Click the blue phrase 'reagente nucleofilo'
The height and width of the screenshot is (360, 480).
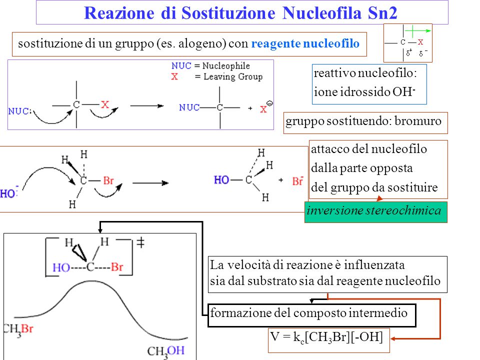pos(305,44)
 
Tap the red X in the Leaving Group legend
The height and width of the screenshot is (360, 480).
pos(174,76)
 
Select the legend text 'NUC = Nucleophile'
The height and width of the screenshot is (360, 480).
pos(210,66)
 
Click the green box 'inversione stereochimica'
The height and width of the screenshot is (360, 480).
pos(375,211)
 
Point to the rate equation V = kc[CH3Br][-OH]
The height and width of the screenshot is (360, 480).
pos(326,338)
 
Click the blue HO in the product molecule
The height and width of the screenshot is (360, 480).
pos(221,180)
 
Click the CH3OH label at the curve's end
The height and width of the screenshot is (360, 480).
pos(167,352)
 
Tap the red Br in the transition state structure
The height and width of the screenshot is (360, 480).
pos(116,267)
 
